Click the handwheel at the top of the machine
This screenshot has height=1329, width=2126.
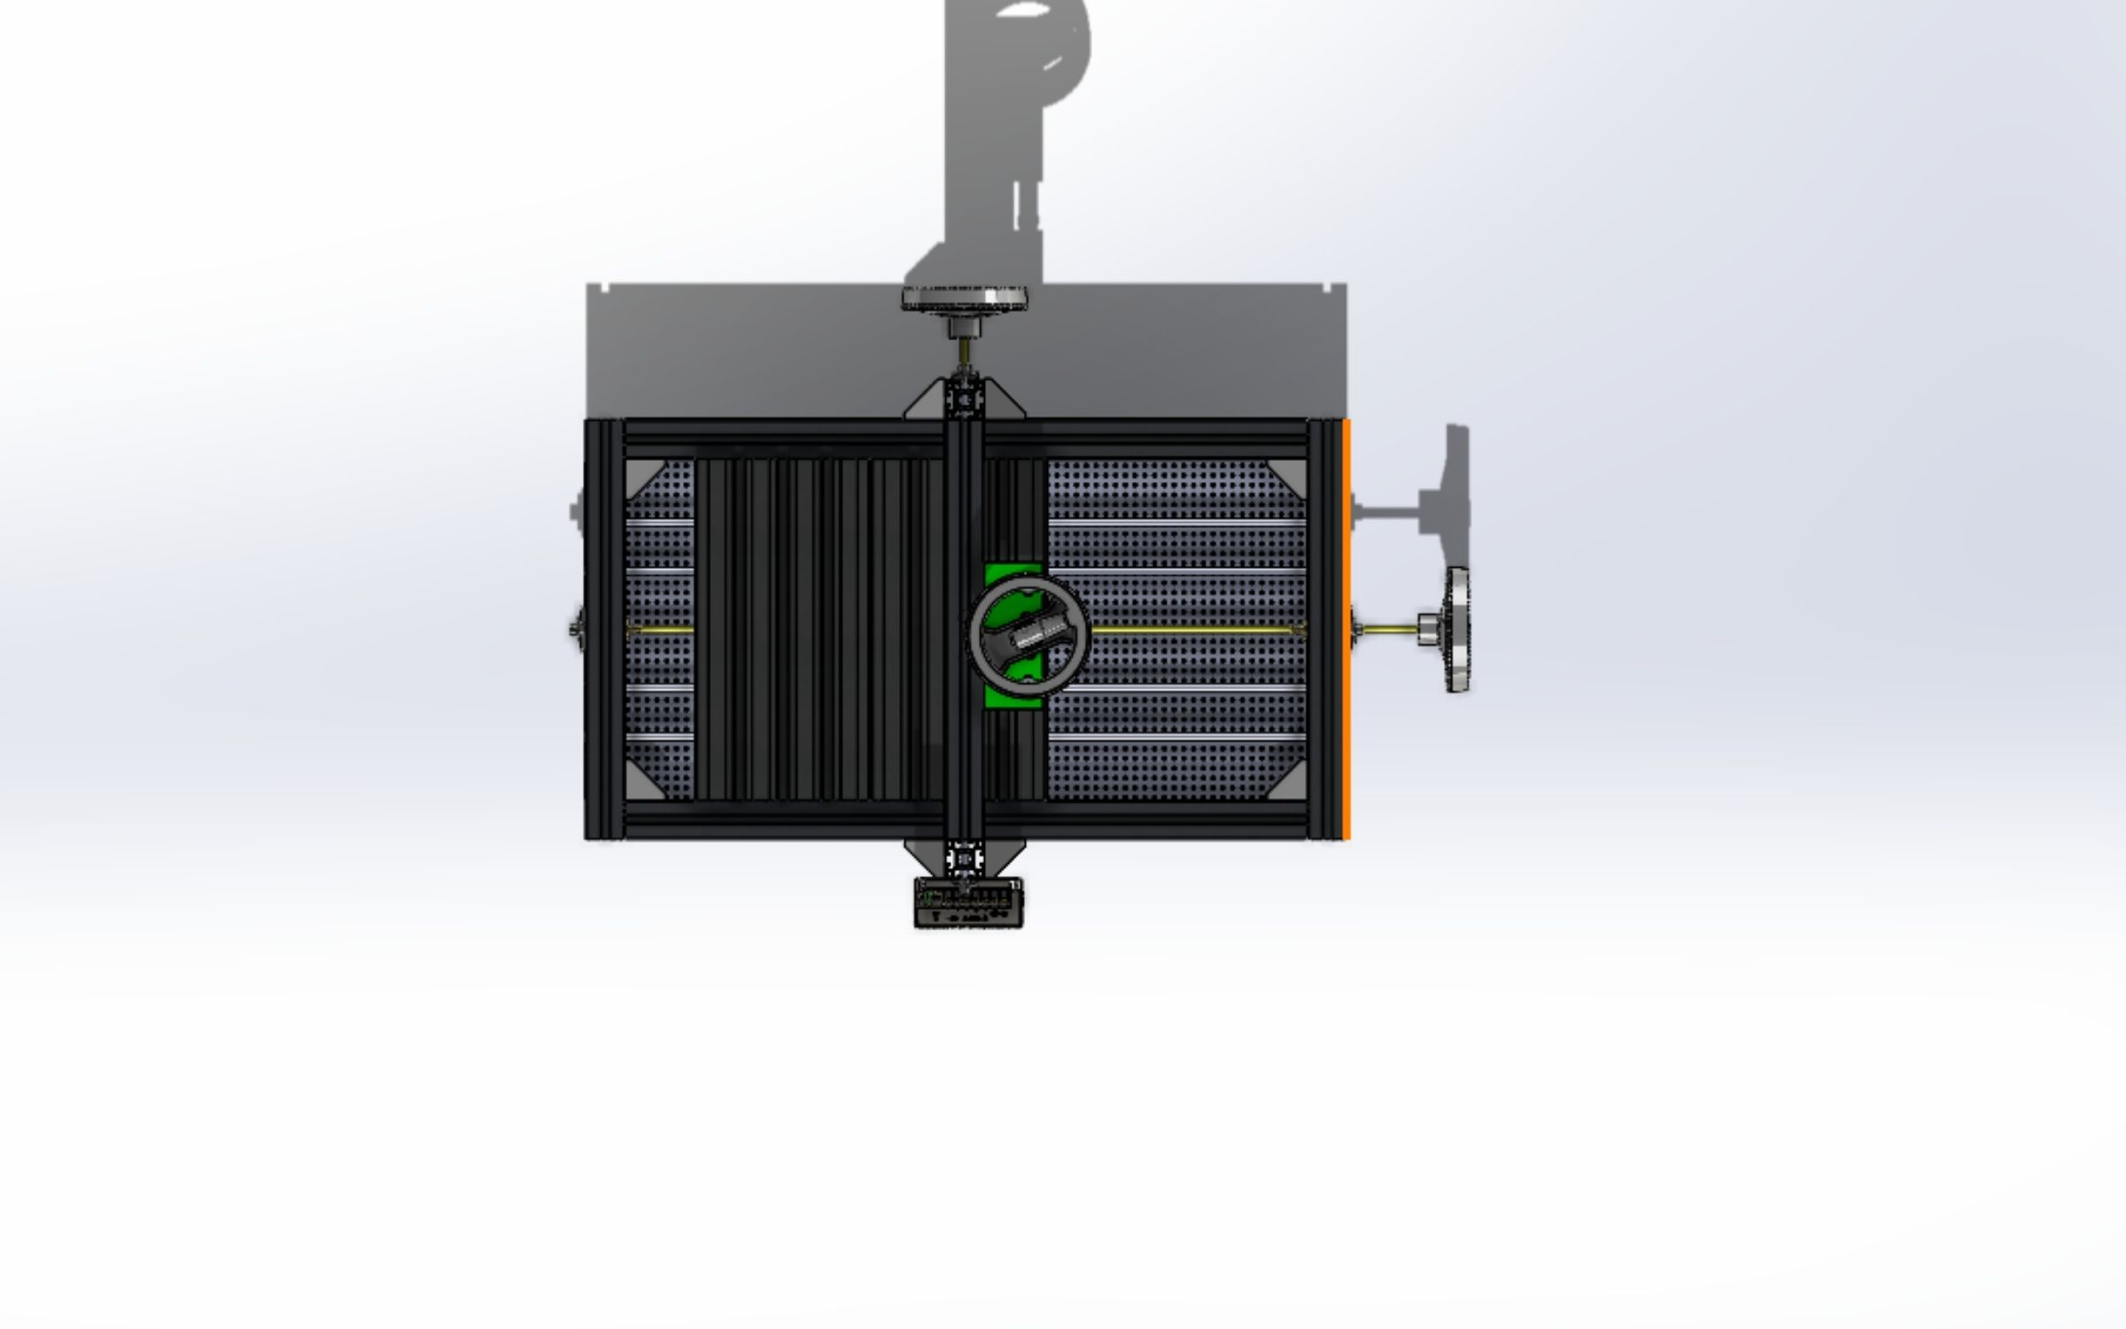964,297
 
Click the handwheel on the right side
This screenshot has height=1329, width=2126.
1456,629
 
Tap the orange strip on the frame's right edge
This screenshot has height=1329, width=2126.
1346,629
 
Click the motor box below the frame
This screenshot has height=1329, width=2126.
967,904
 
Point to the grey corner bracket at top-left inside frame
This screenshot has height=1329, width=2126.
640,475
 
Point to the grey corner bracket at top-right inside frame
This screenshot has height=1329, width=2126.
1290,473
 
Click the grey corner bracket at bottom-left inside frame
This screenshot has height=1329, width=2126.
640,783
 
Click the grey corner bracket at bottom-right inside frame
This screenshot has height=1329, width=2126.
1291,784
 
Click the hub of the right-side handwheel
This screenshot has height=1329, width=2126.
1428,630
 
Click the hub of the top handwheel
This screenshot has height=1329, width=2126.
964,327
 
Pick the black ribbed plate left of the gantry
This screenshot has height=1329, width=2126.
815,629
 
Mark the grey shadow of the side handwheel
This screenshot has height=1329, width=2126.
1444,496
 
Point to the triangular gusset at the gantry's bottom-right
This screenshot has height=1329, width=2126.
1005,855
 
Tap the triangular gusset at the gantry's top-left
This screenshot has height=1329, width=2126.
926,403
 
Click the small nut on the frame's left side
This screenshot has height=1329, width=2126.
576,629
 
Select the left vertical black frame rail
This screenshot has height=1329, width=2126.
604,629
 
